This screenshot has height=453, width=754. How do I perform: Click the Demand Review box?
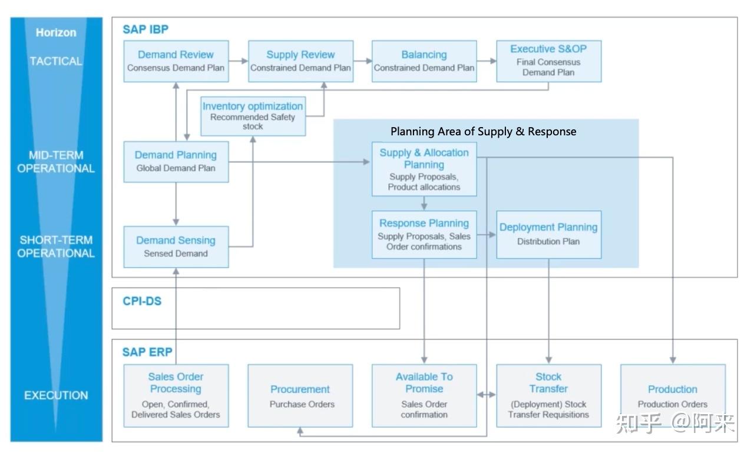coord(176,61)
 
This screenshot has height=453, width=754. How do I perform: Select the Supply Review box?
coord(300,61)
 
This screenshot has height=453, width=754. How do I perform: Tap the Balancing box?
coord(424,61)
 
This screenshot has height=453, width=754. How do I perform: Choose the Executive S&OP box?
coord(548,61)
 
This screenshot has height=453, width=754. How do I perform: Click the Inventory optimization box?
coord(253,116)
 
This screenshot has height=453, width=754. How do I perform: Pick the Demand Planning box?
coord(176,162)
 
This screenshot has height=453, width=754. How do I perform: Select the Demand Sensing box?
coord(176,247)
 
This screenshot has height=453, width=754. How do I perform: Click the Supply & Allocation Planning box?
coord(424,169)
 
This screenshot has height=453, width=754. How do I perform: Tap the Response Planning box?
coord(424,234)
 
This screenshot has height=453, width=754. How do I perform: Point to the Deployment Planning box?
coord(548,234)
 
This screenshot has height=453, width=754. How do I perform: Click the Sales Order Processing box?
coord(176,395)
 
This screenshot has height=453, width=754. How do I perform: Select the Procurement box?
coord(300,395)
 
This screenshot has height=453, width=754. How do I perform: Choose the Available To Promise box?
coord(424,395)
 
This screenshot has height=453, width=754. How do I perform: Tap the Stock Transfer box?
coord(548,395)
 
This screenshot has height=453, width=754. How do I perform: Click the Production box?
coord(673,395)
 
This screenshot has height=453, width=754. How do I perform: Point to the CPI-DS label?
coord(142,301)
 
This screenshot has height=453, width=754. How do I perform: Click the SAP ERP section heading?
coord(147,352)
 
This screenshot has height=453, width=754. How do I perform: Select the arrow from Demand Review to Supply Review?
coord(239,61)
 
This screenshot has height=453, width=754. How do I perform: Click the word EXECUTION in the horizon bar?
coord(56,395)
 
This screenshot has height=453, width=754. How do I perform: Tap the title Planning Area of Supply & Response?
coord(483,131)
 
